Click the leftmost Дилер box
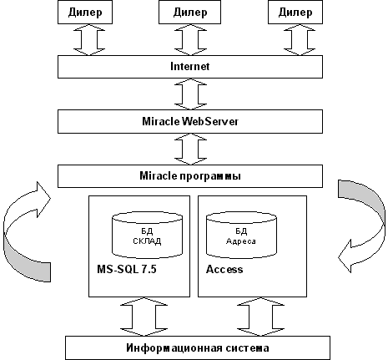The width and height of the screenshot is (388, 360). pos(85,12)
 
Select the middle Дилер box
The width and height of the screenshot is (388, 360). pos(189,12)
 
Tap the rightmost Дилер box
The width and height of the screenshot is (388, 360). pos(295,12)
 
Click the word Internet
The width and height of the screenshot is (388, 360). pos(189,66)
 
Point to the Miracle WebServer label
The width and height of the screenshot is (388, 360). pos(190,121)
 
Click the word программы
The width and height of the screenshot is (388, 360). pos(210,176)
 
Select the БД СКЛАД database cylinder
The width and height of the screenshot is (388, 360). pos(147,235)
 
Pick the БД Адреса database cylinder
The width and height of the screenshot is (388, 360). pos(241,235)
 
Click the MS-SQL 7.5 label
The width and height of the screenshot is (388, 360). pos(127,269)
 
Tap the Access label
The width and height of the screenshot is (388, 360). pos(224,269)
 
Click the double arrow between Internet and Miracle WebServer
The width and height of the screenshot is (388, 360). pos(190,94)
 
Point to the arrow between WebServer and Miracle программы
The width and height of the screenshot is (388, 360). pos(190,149)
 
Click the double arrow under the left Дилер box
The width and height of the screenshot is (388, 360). pos(89,39)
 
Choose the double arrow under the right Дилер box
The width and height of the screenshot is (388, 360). pos(300,39)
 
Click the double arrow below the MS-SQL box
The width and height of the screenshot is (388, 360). pos(144,317)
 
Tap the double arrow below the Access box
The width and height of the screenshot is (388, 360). pos(260,317)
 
